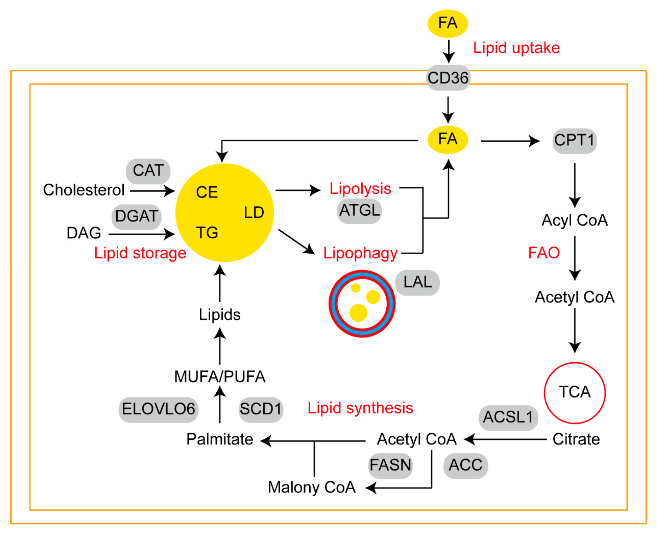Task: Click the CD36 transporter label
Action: point(448,78)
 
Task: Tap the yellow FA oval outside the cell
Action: point(448,24)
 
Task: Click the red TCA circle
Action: point(575,363)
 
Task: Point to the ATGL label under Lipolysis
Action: point(359,211)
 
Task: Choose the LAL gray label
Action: point(417,283)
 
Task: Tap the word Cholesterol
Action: point(84,190)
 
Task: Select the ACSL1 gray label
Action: point(508,418)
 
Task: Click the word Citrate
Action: point(576,439)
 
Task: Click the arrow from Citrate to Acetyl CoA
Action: point(505,439)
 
